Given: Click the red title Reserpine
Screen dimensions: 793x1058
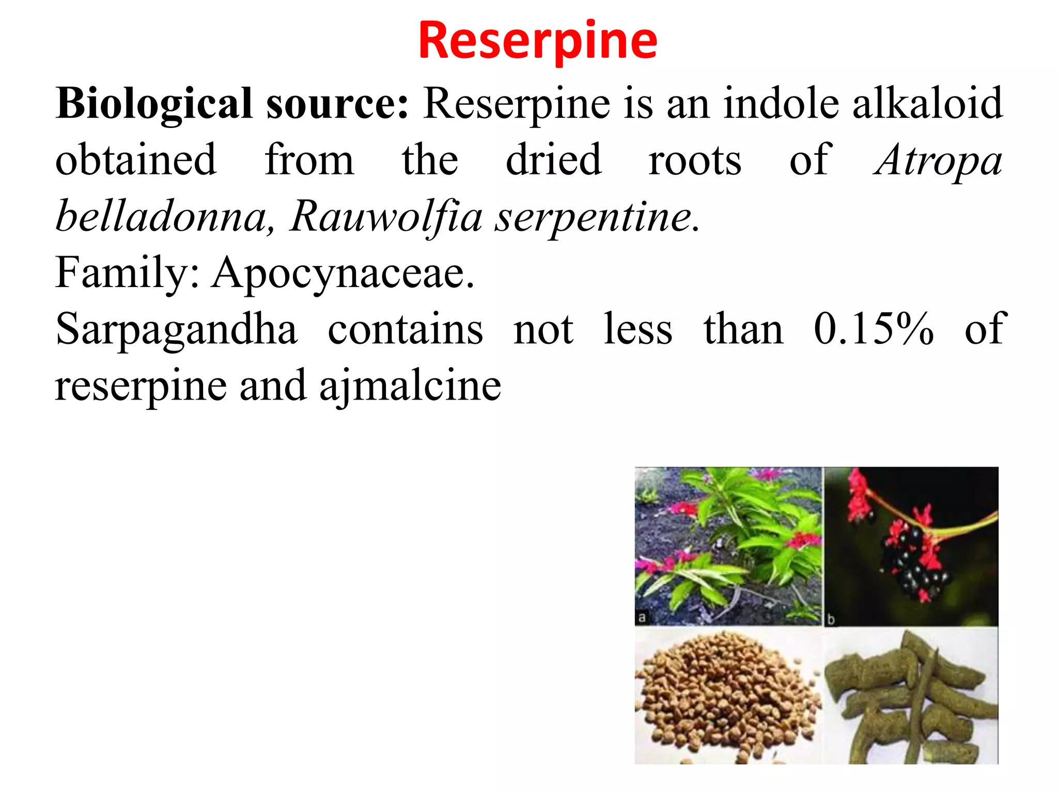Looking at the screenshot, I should [x=538, y=41].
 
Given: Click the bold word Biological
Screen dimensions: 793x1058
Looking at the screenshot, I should [x=154, y=104].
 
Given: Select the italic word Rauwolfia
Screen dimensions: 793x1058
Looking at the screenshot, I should [x=385, y=217].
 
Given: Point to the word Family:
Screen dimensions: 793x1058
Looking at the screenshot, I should [x=127, y=274].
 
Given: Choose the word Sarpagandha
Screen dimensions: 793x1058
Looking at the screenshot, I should [x=177, y=330].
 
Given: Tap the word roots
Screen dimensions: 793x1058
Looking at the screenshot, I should [x=695, y=160].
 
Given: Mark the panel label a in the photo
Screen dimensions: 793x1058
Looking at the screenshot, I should [x=642, y=617].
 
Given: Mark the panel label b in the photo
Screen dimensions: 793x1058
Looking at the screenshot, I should [x=831, y=619].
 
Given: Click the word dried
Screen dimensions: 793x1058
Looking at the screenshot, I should [x=553, y=160].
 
